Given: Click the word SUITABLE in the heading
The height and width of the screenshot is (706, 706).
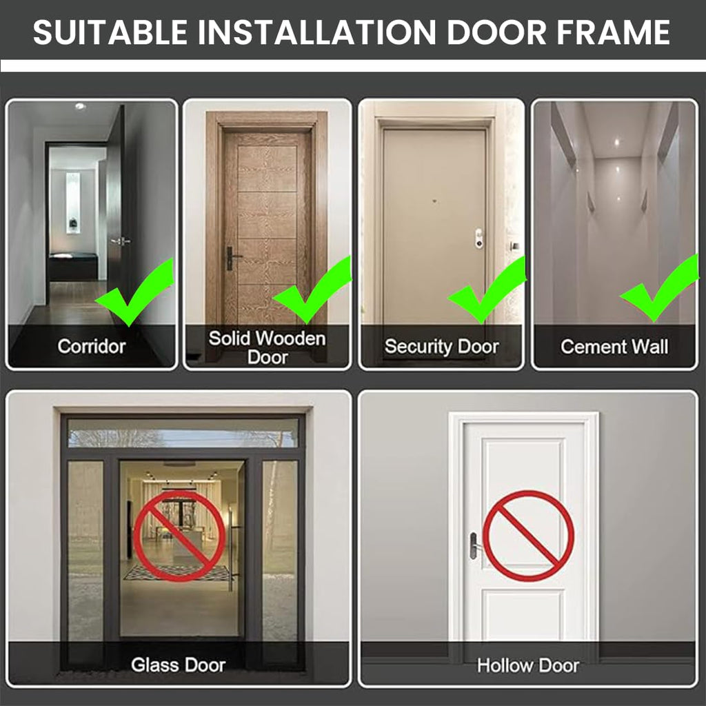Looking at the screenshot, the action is coord(110,32).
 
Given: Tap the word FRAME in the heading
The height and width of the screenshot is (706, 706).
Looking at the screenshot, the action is coord(613,32).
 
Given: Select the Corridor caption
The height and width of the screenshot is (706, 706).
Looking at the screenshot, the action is coord(92,346).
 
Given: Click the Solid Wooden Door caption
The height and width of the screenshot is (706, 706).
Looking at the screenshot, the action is coord(267,347).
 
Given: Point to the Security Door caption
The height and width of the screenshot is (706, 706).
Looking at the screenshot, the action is coord(442,346).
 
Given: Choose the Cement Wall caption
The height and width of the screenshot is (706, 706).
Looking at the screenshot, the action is coord(614,347).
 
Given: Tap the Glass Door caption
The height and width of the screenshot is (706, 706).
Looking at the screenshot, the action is coord(179,665).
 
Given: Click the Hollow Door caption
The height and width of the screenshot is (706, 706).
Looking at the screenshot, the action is coord(527,665).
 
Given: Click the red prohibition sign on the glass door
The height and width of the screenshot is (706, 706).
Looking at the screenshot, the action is coord(179,536).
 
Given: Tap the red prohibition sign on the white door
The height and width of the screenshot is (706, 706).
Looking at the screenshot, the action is coord(528,536).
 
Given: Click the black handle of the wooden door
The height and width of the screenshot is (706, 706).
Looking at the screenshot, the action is coord(232,258).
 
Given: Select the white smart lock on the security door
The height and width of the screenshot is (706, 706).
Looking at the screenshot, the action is coord(478,238).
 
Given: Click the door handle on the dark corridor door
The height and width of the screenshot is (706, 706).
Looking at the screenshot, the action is coord(121,241).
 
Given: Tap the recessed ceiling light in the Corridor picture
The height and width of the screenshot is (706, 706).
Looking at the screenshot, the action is coord(80,106).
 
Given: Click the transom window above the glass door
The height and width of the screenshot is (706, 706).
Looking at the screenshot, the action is coord(183,438).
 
